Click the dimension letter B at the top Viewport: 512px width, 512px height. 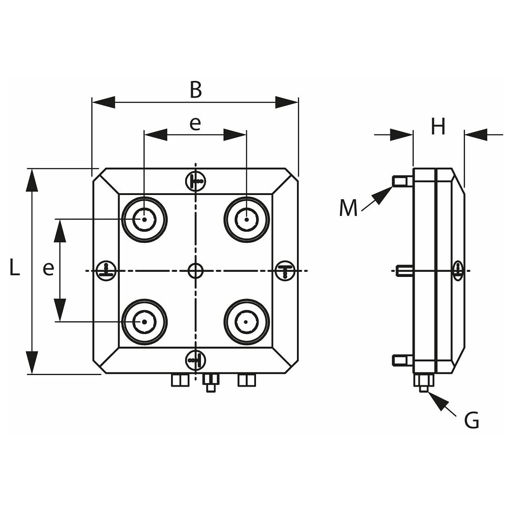click(x=195, y=90)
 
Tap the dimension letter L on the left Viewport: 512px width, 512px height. click(x=15, y=268)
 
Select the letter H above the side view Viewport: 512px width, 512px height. click(x=438, y=126)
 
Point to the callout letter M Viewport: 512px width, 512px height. click(x=349, y=209)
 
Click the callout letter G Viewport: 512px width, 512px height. click(x=471, y=422)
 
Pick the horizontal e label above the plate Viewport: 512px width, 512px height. click(x=195, y=124)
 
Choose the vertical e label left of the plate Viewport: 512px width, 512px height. click(x=48, y=269)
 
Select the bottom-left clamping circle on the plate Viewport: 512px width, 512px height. click(x=144, y=322)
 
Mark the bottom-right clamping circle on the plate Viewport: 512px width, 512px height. click(x=247, y=322)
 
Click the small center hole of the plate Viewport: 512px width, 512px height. click(x=195, y=271)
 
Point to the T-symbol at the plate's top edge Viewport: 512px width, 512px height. click(x=195, y=181)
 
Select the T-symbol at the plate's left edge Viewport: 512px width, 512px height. click(x=105, y=271)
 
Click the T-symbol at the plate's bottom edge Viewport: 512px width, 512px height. click(x=195, y=360)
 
